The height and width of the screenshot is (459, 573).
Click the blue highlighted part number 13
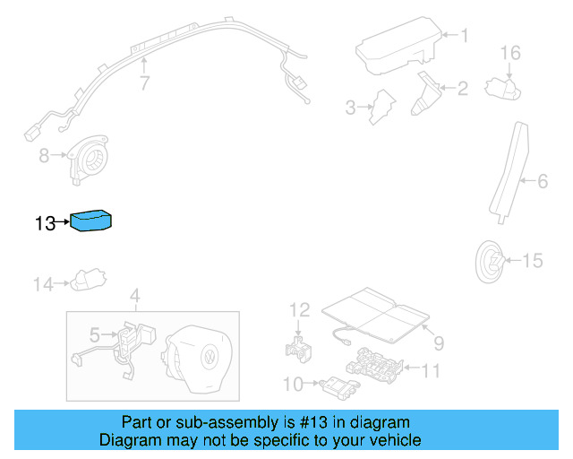tap(91, 220)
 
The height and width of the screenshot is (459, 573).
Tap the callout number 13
tap(46, 224)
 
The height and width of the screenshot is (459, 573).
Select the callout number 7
tap(142, 84)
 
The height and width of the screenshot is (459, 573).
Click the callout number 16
tap(509, 54)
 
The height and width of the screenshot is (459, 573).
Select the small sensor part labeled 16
tap(500, 87)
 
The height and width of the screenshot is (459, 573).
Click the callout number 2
tap(462, 89)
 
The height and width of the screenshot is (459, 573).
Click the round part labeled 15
tap(491, 263)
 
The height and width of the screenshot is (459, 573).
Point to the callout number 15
tap(532, 261)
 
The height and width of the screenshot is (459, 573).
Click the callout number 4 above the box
tap(134, 296)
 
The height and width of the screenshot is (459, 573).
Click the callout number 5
tap(94, 335)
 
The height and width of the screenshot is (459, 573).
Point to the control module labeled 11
tap(377, 362)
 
